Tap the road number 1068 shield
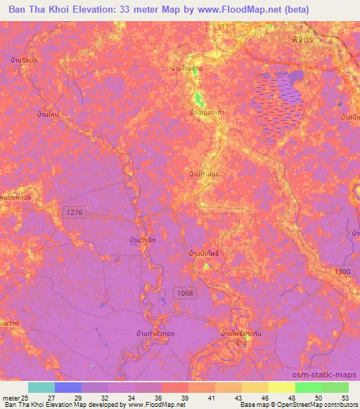pyautogui.click(x=185, y=293)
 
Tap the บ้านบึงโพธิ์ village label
pyautogui.click(x=205, y=252)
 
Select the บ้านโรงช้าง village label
pyautogui.click(x=187, y=69)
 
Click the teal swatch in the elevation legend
pyautogui.click(x=41, y=387)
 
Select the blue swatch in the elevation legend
pyautogui.click(x=67, y=387)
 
